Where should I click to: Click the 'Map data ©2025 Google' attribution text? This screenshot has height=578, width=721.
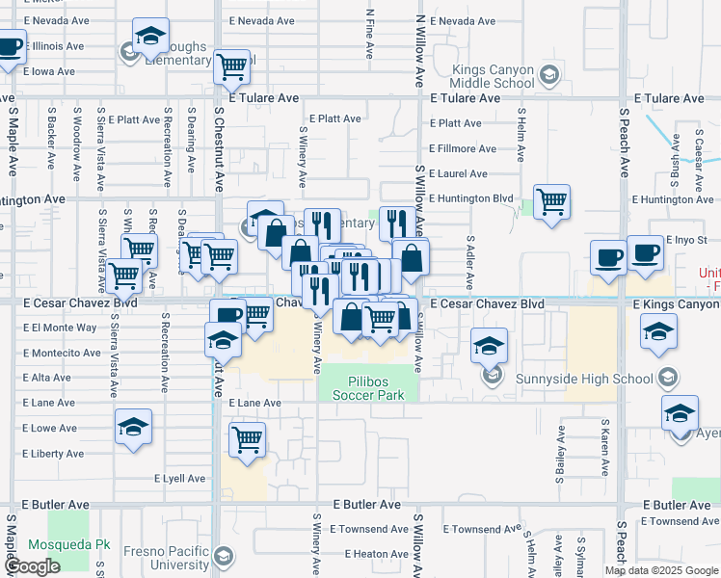(x=661, y=570)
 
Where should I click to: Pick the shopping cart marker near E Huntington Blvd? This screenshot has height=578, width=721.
(x=551, y=202)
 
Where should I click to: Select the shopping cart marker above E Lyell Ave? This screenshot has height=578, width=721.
(x=248, y=440)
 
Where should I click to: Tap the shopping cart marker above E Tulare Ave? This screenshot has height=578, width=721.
(x=231, y=67)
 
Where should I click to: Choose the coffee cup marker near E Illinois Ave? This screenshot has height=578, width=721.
(x=9, y=46)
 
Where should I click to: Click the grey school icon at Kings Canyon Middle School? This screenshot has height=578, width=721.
(x=548, y=74)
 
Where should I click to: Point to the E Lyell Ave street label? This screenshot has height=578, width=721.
(x=180, y=478)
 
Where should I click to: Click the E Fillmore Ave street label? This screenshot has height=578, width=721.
(x=463, y=148)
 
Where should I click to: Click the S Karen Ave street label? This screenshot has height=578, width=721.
(x=604, y=447)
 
